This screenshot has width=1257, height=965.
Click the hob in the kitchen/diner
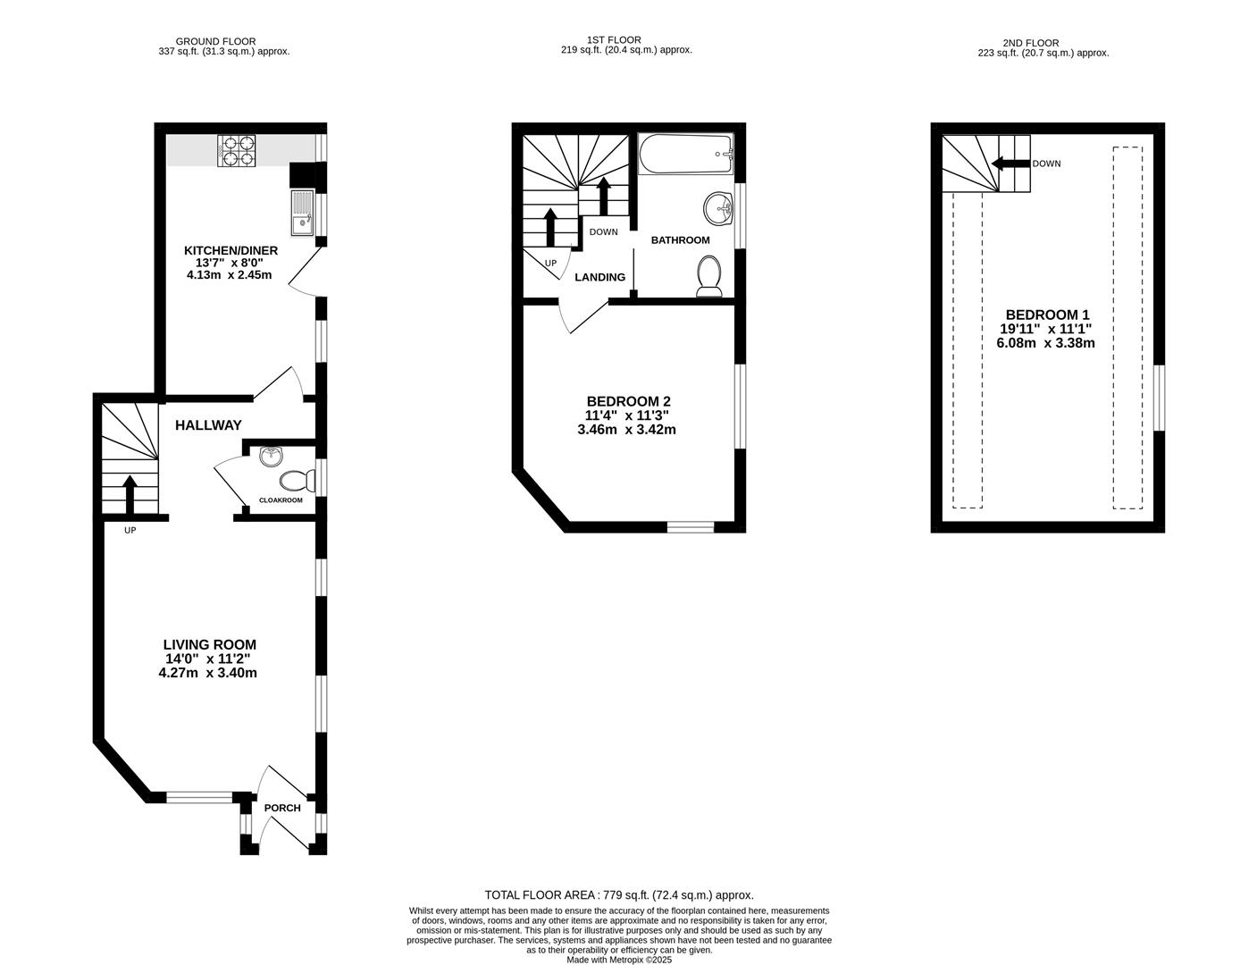coord(237,151)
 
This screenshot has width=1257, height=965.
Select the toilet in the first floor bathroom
coord(709,275)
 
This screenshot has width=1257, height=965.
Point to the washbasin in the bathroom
coord(718,209)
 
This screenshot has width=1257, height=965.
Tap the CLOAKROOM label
coord(281,500)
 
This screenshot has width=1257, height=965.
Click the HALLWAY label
coord(208,425)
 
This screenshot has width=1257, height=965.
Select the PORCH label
coord(282,808)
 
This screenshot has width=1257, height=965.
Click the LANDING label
coord(599,277)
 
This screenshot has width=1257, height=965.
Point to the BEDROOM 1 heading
coord(1047,315)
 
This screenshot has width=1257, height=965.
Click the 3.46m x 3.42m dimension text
coord(626,429)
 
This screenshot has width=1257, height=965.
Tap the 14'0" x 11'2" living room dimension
coord(209,659)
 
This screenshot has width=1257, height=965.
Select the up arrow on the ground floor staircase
coord(130,493)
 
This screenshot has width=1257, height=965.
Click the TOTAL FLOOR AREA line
coord(619,894)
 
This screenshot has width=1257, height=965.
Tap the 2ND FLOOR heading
coord(1043,42)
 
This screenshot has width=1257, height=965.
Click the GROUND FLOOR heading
coord(215,41)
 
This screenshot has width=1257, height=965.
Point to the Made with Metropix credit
coord(619,960)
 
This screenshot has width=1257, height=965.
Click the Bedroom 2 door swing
coord(581,317)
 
